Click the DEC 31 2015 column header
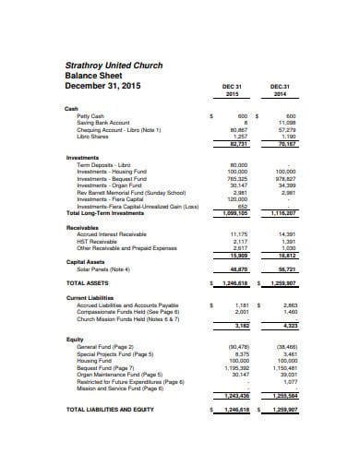click(x=232, y=90)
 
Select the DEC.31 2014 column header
click(x=280, y=90)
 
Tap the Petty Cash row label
click(x=90, y=115)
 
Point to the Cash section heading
click(x=71, y=108)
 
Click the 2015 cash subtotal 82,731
click(x=238, y=143)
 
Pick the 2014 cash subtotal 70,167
click(x=286, y=143)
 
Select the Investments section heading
click(x=82, y=157)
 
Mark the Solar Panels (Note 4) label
click(x=103, y=269)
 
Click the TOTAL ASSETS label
click(x=89, y=283)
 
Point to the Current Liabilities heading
click(x=90, y=298)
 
